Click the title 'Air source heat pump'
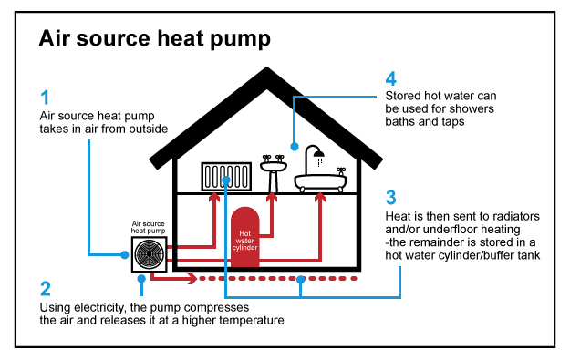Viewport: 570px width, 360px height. pos(154,39)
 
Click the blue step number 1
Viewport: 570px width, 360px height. pos(46,97)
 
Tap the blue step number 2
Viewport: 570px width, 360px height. pos(46,290)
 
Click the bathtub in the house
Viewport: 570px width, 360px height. pos(320,180)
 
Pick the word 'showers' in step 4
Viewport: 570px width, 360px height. pos(472,108)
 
